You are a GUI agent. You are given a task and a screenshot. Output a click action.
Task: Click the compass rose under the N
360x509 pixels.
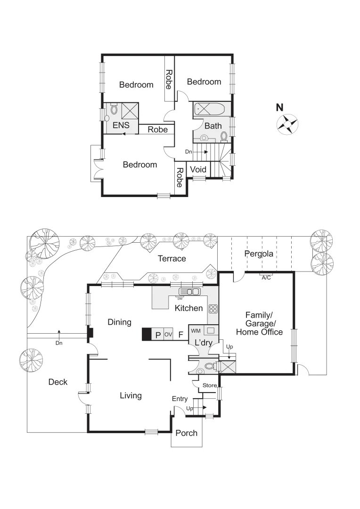[287, 125]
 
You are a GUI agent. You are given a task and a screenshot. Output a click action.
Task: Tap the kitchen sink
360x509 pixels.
[188, 292]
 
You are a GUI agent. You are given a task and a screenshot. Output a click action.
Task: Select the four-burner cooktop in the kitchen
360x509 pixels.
[213, 309]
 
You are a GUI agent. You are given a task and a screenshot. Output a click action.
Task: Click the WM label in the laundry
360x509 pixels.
[196, 330]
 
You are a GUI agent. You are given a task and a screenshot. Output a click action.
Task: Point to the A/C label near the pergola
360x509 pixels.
[266, 278]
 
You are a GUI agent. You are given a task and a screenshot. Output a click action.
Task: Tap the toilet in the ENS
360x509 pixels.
[114, 110]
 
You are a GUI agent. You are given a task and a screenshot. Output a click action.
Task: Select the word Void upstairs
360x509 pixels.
[198, 169]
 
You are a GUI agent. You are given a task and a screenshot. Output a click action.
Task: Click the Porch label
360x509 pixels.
[186, 433]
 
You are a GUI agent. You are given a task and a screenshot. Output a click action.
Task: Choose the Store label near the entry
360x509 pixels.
[209, 386]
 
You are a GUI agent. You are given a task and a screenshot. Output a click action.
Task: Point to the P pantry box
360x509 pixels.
[158, 335]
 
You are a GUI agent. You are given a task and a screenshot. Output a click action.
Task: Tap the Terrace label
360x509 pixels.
[172, 258]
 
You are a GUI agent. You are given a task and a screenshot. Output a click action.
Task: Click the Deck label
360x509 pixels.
[58, 382]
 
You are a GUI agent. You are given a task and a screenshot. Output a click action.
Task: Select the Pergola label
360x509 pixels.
[258, 254]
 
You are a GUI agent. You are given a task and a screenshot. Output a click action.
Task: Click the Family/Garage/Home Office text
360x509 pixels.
[259, 323]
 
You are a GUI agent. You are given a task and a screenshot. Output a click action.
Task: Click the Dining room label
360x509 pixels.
[119, 322]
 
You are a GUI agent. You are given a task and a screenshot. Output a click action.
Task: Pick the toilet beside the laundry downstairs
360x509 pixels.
[209, 366]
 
